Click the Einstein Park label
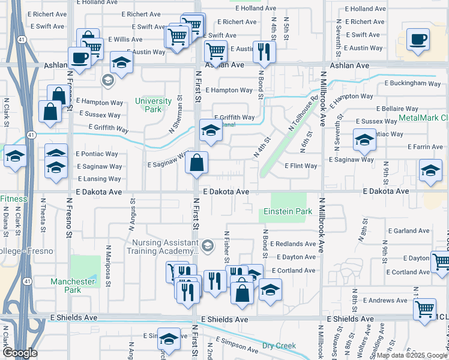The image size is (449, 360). (x=288, y=212)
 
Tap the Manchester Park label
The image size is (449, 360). (x=73, y=286)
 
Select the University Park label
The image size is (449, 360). (x=148, y=105)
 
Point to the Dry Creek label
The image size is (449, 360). (x=279, y=346)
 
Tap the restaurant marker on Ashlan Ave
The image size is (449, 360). (x=264, y=52)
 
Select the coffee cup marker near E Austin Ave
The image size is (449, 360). (x=418, y=39)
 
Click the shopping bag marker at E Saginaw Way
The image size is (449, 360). (x=197, y=162)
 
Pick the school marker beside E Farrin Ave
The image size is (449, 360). (x=364, y=140)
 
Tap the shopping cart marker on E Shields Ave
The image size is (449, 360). (x=425, y=309)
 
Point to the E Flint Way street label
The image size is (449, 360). (x=301, y=166)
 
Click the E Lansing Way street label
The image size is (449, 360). (x=99, y=179)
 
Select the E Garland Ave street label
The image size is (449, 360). (x=409, y=230)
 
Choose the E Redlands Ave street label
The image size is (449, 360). (x=292, y=244)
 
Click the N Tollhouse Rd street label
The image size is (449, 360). (x=303, y=113)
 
